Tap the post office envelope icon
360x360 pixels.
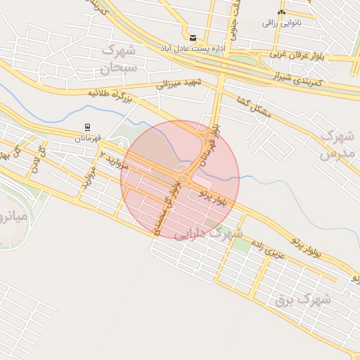[x=193, y=37]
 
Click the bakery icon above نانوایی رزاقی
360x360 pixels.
[x=282, y=12]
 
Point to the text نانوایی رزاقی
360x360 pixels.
[x=282, y=23]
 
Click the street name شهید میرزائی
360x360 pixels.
[x=178, y=84]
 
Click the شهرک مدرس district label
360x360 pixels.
[x=335, y=144]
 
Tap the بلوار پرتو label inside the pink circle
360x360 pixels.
[x=214, y=196]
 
